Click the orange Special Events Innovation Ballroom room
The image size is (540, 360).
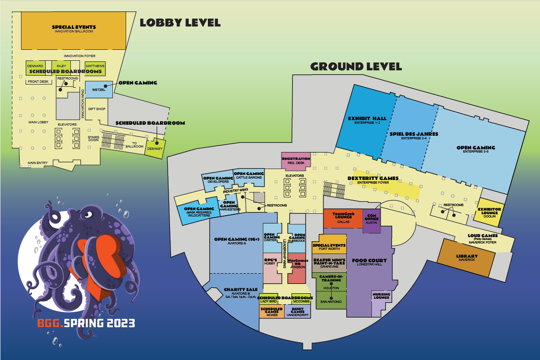point(74,30)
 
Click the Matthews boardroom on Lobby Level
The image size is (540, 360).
point(95,67)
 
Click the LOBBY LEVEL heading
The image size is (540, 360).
point(180,22)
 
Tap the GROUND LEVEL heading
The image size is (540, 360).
point(356,67)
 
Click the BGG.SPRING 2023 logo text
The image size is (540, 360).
point(86,323)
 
